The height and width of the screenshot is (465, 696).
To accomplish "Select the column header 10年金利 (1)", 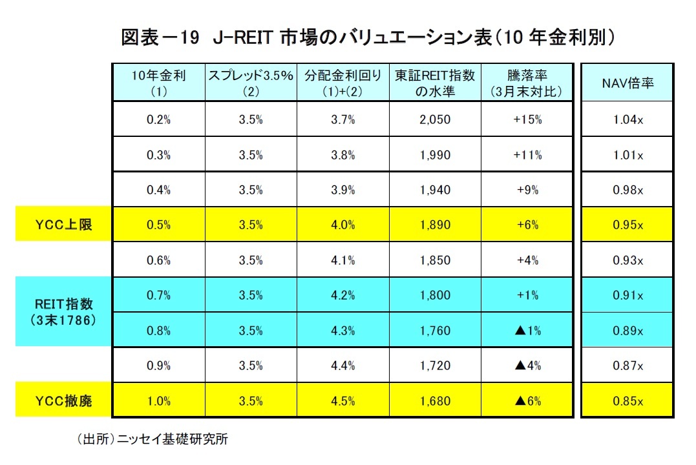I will tap(158, 83).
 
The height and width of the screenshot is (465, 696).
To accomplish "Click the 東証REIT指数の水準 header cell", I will tap(434, 83).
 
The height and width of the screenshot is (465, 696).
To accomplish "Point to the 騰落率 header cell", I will tap(526, 83).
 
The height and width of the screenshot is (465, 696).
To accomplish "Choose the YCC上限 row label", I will tap(63, 225).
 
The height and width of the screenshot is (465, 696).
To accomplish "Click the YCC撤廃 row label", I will tap(63, 401).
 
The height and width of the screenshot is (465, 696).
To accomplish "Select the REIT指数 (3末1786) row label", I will tap(63, 312).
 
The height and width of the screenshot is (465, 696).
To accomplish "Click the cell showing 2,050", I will tap(434, 119).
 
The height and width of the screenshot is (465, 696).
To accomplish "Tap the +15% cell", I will tap(526, 119).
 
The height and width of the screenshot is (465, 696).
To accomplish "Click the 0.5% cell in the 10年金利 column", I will tap(158, 225).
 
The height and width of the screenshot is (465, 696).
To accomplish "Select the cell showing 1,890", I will tap(434, 225).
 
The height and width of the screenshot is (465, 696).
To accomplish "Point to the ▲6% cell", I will tap(526, 401).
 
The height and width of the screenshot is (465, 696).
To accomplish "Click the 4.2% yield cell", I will tap(343, 295).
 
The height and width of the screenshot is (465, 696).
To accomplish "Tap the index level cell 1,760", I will tap(434, 331).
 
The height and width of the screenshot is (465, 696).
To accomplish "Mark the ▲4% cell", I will tap(526, 366).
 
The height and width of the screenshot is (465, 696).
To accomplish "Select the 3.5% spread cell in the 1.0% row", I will tap(250, 401).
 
